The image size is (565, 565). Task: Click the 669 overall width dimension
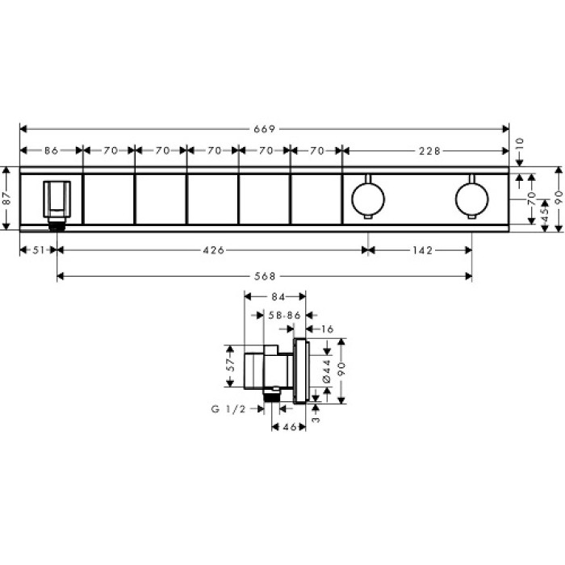(265, 128)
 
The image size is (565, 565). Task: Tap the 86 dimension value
(51, 150)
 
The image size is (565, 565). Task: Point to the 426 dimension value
(212, 250)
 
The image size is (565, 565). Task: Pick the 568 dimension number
(265, 277)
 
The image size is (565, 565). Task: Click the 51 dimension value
(36, 250)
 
